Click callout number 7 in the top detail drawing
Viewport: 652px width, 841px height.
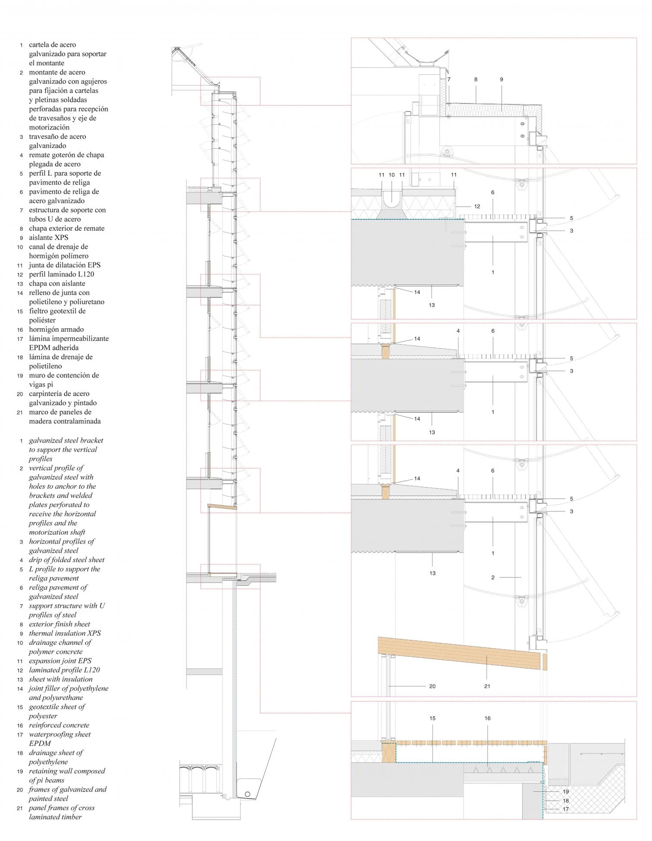[x=449, y=80]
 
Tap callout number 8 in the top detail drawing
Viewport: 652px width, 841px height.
[x=476, y=80]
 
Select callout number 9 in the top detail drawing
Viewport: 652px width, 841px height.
[x=502, y=80]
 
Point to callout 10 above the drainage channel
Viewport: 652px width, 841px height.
[x=392, y=175]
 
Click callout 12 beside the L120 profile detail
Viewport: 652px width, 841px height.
[x=477, y=207]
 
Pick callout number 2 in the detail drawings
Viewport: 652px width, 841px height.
[x=493, y=577]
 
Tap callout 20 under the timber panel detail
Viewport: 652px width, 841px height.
[x=432, y=686]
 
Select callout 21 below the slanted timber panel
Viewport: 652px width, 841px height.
[x=487, y=686]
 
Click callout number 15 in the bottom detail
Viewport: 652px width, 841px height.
[x=433, y=719]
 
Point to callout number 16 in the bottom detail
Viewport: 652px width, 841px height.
[x=488, y=719]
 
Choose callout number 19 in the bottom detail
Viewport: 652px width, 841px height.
[x=566, y=792]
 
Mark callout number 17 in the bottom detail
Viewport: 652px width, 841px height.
[x=566, y=809]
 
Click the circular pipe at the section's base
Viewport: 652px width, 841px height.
[x=248, y=794]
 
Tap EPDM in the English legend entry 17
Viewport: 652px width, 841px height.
[x=40, y=744]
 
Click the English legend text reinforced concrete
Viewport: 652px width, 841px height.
[x=59, y=725]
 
